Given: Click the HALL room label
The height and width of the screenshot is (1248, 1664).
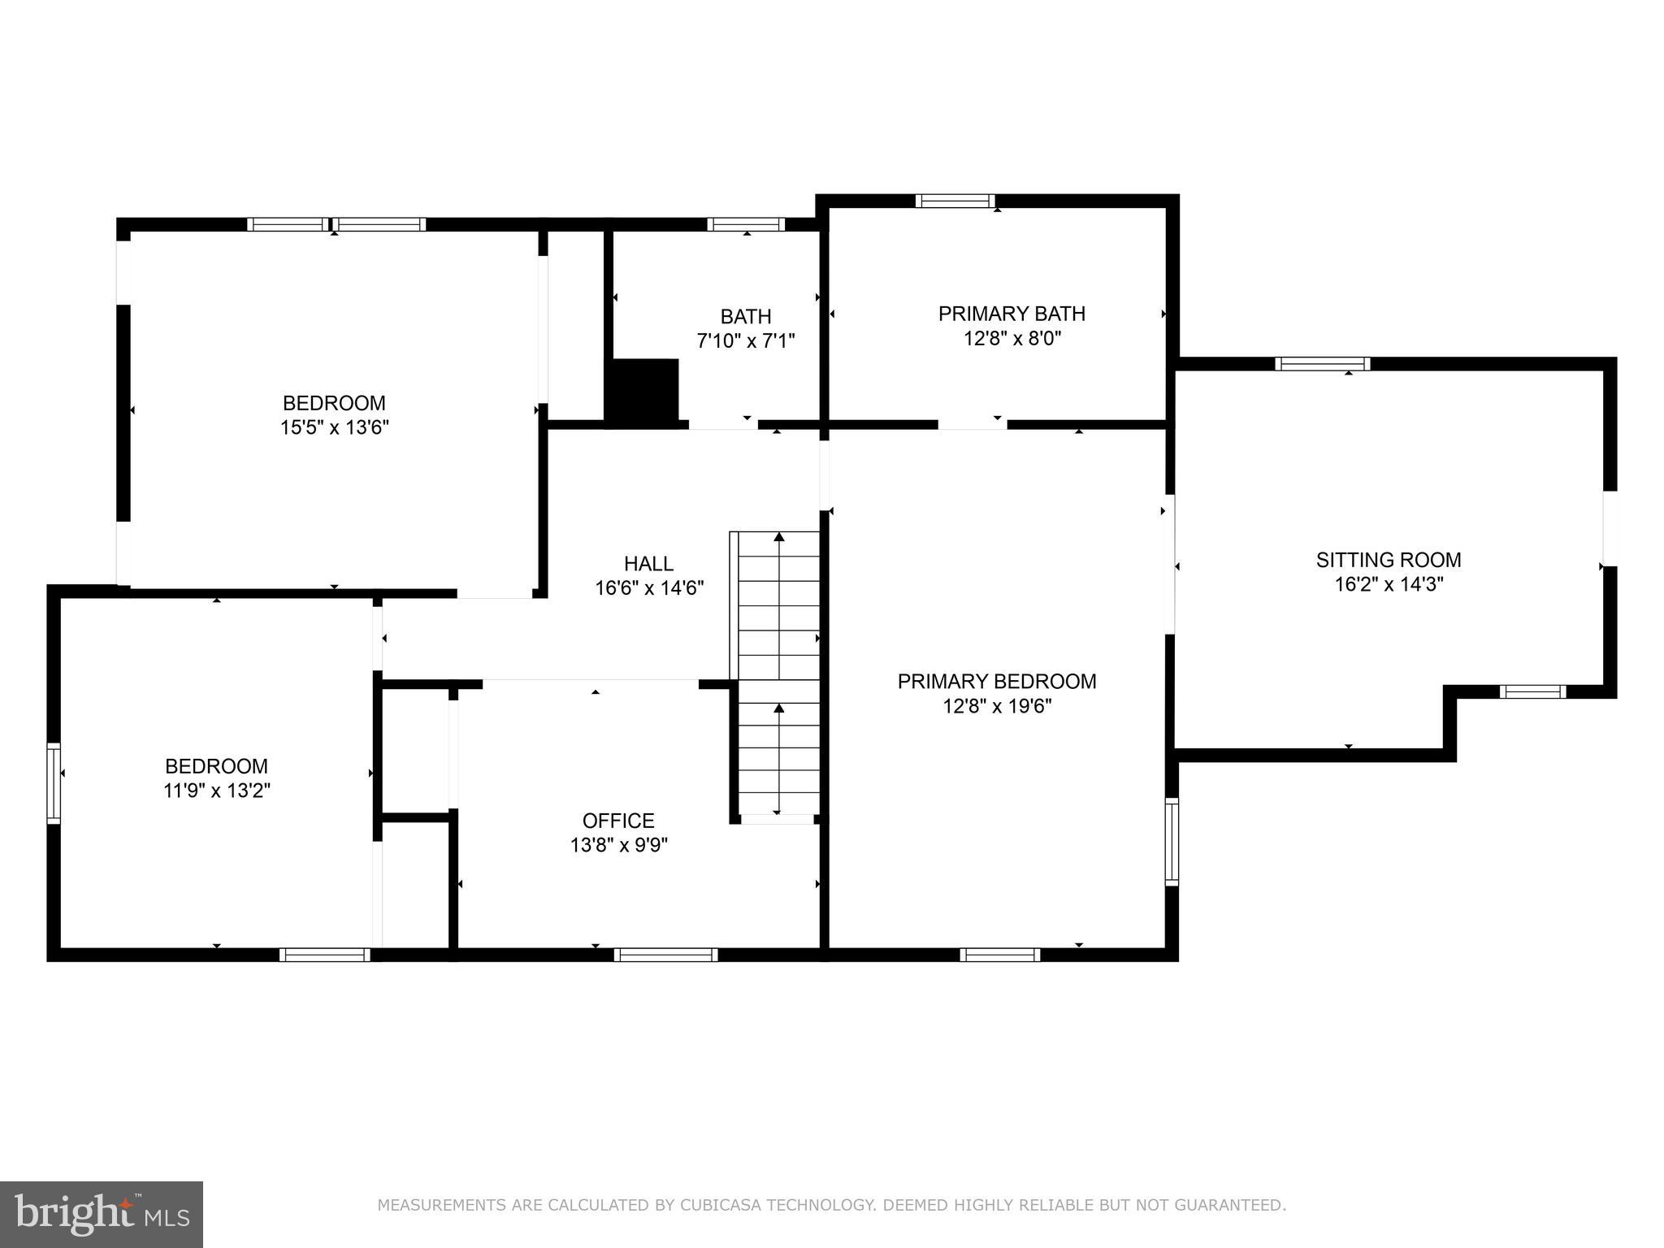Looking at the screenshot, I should click(x=648, y=563).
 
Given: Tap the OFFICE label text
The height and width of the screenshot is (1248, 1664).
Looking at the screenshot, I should click(x=618, y=821).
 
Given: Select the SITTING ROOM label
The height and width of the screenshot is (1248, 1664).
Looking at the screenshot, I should click(x=1389, y=560).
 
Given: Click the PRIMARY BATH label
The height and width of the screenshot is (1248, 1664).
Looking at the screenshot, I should click(x=1012, y=314).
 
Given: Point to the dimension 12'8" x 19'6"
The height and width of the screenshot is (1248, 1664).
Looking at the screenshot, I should click(x=997, y=706).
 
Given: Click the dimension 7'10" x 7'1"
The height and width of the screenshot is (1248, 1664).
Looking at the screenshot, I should click(x=745, y=340).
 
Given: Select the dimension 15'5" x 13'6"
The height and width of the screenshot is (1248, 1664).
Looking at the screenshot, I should click(x=335, y=427).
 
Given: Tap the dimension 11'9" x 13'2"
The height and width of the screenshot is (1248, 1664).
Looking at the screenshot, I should click(x=216, y=791).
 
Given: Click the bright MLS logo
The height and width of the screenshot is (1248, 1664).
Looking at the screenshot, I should click(x=102, y=1214).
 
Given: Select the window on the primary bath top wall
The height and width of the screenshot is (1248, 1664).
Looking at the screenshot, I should click(x=955, y=201).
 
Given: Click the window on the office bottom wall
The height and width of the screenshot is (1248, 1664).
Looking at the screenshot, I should click(x=665, y=955).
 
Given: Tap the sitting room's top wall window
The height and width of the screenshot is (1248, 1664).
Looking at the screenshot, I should click(x=1322, y=364).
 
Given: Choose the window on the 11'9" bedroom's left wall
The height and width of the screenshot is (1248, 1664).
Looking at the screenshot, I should click(x=54, y=783).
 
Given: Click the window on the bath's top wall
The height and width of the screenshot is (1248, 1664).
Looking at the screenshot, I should click(x=745, y=224).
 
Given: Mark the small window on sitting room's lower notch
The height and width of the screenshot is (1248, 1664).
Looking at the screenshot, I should click(x=1532, y=691).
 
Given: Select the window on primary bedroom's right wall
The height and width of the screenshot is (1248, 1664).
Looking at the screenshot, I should click(x=1172, y=842).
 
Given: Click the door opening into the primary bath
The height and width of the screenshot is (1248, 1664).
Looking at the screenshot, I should click(x=973, y=424).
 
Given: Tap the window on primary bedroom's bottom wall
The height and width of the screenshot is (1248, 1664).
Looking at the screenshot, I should click(x=999, y=955).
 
